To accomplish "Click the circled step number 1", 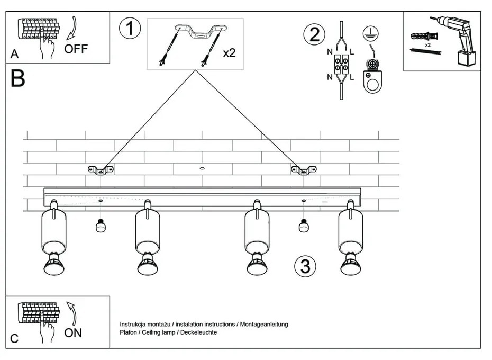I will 130,29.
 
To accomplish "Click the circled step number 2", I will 314,34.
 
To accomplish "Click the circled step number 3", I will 305,266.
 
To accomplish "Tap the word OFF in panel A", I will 76,49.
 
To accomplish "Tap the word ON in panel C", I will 73,333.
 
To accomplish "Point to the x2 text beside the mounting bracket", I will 229,53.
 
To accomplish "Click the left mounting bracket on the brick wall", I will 101,170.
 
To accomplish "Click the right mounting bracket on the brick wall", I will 304,170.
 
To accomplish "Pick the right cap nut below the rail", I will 304,227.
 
